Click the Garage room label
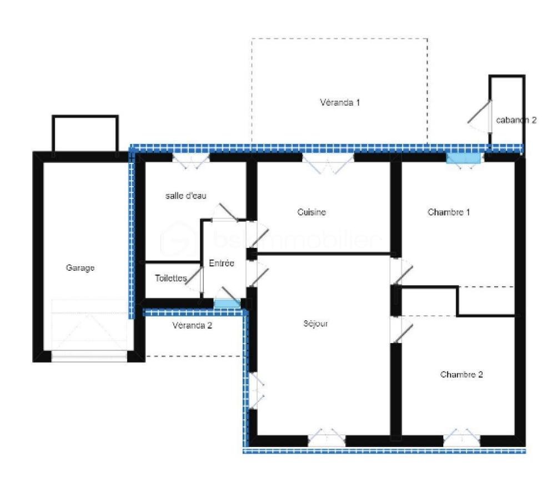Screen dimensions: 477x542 pyautogui.click(x=81, y=268)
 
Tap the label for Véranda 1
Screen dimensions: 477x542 pyautogui.click(x=340, y=102)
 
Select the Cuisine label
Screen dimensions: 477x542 pyautogui.click(x=311, y=212)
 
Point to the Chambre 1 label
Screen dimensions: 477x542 pyautogui.click(x=449, y=212)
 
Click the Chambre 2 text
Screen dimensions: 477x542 pyautogui.click(x=461, y=374)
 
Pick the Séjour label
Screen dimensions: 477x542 pyautogui.click(x=315, y=324)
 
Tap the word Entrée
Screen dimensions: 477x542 pyautogui.click(x=222, y=264)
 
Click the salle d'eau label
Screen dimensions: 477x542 pyautogui.click(x=186, y=195)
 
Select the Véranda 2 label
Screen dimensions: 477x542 pyautogui.click(x=192, y=325)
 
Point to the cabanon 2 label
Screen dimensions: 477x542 pyautogui.click(x=516, y=120)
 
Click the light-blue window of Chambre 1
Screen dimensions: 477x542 pyautogui.click(x=464, y=158)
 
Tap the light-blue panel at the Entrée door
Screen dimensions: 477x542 pyautogui.click(x=227, y=303)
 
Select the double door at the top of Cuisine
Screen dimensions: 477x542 pyautogui.click(x=328, y=162)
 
